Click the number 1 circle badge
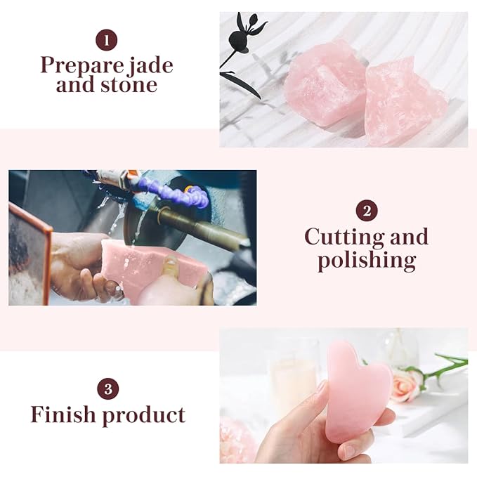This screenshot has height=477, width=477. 106,40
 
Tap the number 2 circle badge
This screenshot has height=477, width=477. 366,211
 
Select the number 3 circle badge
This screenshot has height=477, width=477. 107,388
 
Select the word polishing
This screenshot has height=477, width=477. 366,261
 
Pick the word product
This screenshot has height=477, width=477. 144,415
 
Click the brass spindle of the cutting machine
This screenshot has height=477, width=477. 204,226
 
